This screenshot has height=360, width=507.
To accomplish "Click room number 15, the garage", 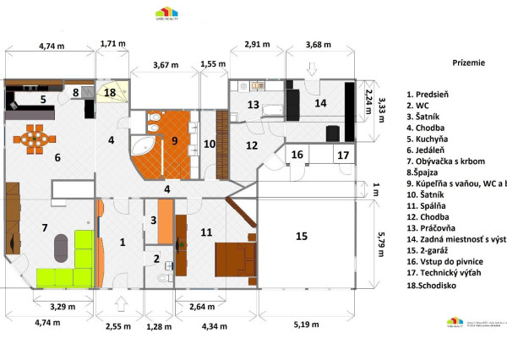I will coord(302,237).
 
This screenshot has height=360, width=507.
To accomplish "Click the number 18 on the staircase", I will coord(110,92).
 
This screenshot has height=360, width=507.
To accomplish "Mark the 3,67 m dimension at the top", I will coord(166,65).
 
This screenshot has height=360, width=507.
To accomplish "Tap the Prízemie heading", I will coord(469,63).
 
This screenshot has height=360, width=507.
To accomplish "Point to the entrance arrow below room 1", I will coord(122,303).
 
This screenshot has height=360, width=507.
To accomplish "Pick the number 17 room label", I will coord(342,155).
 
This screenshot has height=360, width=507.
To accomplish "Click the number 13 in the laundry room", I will coord(252,105).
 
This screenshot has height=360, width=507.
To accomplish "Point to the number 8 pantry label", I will coord(74,93).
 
